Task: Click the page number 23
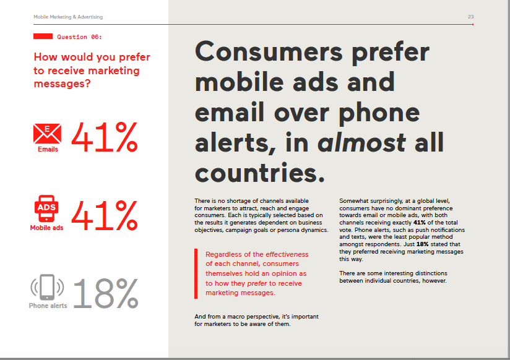471,16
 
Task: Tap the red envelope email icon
48,132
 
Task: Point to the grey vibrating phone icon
48,288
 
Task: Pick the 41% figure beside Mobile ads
105,216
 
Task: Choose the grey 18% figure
105,293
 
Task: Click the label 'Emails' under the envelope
48,149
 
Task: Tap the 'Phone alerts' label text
48,306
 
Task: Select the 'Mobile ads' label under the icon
48,228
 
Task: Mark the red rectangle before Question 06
42,37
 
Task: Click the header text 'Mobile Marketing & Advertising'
59,16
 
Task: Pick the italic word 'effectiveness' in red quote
287,254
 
